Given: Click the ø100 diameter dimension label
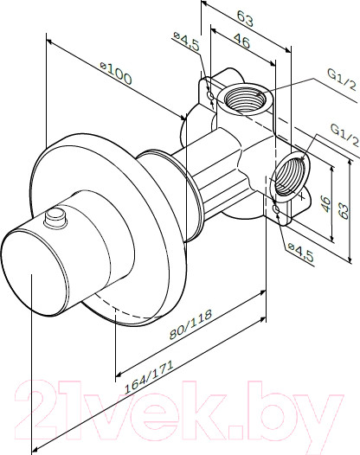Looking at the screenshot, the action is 116,73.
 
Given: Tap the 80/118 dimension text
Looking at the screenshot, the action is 190,324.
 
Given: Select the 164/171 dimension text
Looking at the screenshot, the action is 149,376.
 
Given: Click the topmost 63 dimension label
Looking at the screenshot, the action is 245,18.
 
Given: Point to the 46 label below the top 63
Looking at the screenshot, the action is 241,41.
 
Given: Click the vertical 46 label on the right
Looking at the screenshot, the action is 326,204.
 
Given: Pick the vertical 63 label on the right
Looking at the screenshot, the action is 344,211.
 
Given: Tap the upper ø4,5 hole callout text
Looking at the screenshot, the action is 186,41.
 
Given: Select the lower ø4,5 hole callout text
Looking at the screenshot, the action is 301,253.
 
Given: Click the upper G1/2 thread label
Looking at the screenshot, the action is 342,79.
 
